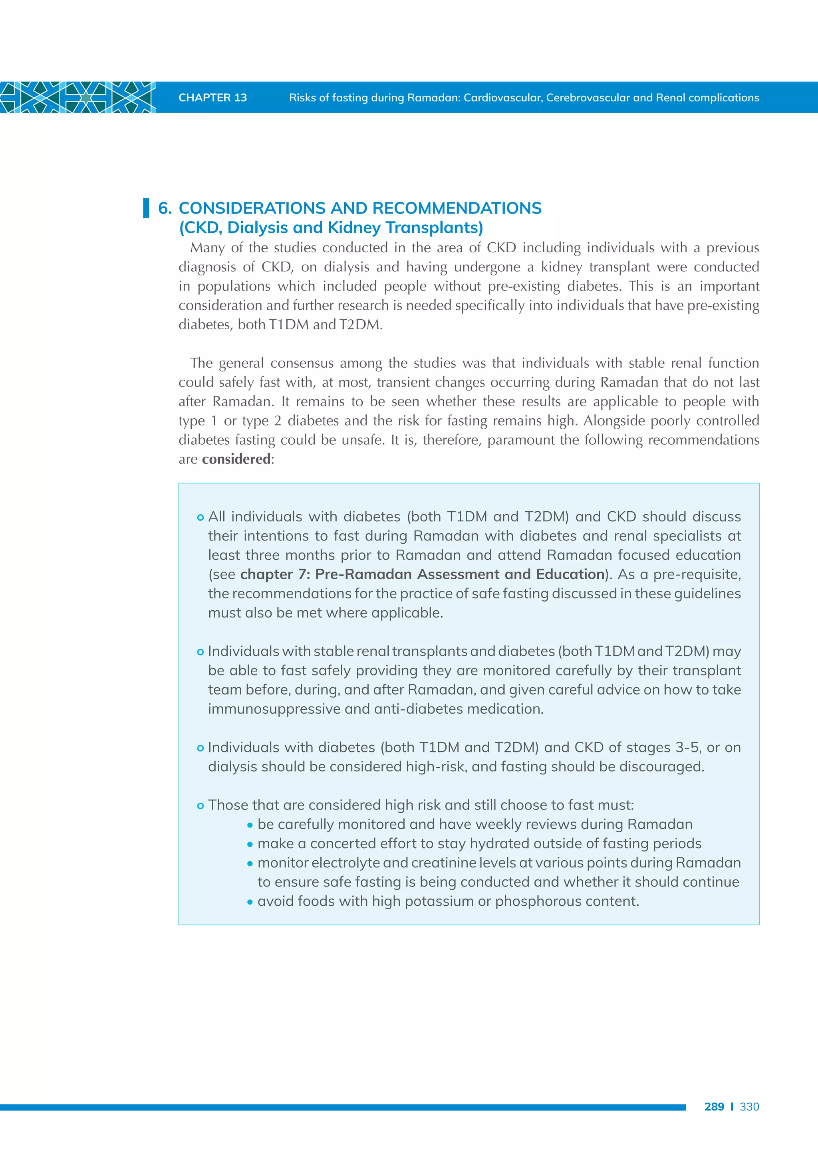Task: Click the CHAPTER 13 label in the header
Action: point(212,98)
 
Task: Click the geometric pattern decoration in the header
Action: point(77,97)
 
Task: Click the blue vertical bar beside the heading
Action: point(146,208)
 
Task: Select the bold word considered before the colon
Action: point(236,459)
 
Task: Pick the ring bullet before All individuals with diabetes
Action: point(200,518)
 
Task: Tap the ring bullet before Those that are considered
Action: point(200,806)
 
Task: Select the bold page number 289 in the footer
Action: point(714,1107)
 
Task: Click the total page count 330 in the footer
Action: point(749,1107)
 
